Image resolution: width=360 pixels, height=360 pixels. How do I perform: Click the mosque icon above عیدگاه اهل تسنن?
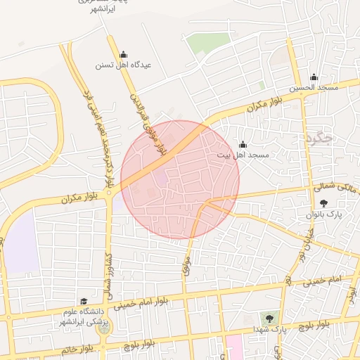coord(124,54)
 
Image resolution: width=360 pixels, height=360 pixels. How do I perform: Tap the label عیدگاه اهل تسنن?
coord(124,65)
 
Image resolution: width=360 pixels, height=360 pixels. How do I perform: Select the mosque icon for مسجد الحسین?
coord(314,77)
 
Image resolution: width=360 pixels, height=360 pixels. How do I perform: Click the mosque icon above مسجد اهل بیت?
coord(243,144)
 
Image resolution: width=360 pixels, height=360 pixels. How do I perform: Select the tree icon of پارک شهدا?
coord(269,319)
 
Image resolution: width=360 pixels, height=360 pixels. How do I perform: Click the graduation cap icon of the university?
coord(84,301)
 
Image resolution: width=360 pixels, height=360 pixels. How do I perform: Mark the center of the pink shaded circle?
coord(180,180)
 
